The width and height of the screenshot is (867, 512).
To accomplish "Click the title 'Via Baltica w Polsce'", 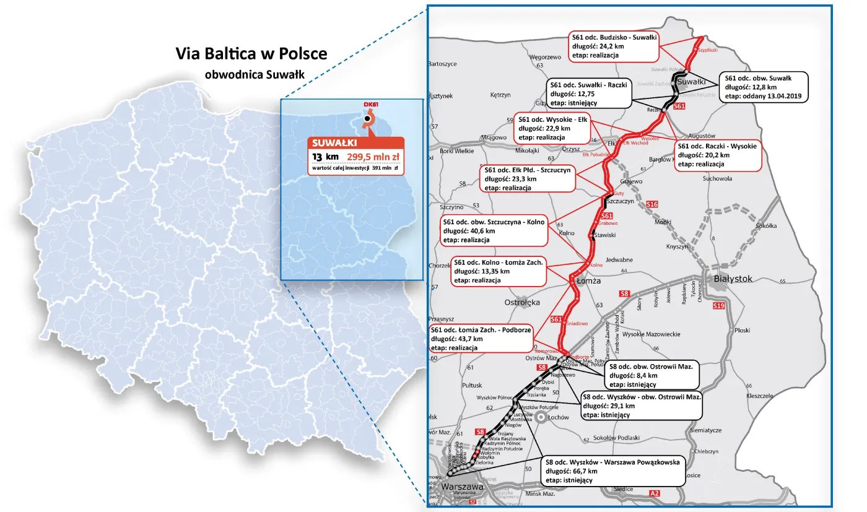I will (251, 54).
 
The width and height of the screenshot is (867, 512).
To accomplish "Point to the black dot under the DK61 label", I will (367, 118).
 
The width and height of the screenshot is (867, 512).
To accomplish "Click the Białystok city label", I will (733, 279).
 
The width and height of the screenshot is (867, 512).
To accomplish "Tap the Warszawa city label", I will (462, 487).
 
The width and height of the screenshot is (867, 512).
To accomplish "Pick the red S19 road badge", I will (718, 306).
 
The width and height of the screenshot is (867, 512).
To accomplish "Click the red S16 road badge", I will (651, 204).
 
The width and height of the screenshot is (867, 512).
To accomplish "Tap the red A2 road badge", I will (655, 493).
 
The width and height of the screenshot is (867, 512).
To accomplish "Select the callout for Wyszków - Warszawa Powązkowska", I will (613, 471).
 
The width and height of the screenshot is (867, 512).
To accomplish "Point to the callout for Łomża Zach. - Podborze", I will (481, 339).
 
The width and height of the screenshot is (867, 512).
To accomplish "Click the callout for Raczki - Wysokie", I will (717, 155).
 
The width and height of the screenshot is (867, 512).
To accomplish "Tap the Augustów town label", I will (701, 136).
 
